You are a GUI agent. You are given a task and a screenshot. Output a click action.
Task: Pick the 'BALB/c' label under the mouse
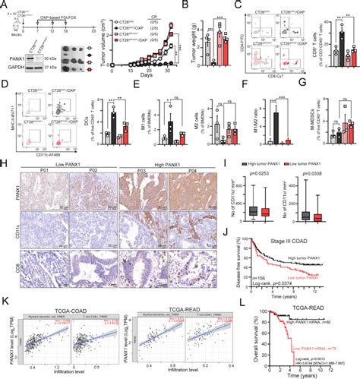(x=10, y=33)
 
